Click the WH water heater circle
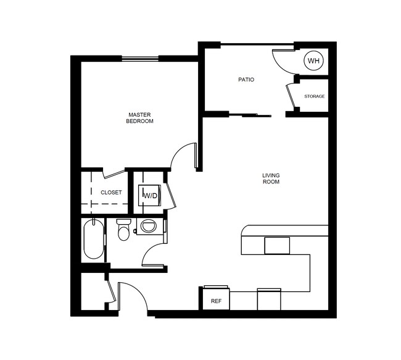pyautogui.click(x=313, y=61)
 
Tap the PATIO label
pyautogui.click(x=246, y=80)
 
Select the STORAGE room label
pyautogui.click(x=314, y=96)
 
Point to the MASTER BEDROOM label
pyautogui.click(x=139, y=118)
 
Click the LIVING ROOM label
pyautogui.click(x=271, y=178)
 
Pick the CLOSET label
pyautogui.click(x=111, y=193)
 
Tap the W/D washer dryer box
pyautogui.click(x=150, y=195)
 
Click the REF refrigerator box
pyautogui.click(x=216, y=301)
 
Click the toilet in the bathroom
pyautogui.click(x=123, y=230)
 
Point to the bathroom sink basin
pyautogui.click(x=148, y=226)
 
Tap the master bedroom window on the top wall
pyautogui.click(x=140, y=59)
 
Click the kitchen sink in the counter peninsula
pyautogui.click(x=277, y=245)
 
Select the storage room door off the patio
pyautogui.click(x=290, y=96)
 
